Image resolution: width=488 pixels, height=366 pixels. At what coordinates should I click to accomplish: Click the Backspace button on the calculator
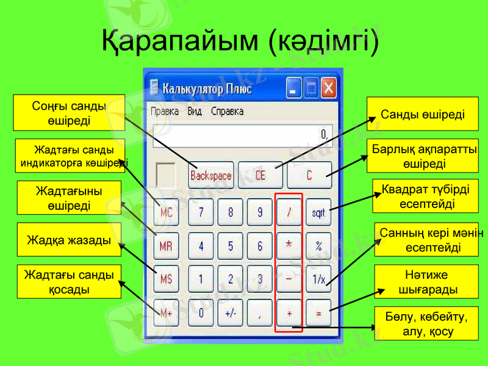pyautogui.click(x=211, y=175)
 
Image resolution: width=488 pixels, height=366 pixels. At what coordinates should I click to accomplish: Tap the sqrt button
pyautogui.click(x=318, y=213)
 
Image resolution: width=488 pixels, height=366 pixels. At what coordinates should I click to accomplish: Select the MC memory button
pyautogui.click(x=166, y=213)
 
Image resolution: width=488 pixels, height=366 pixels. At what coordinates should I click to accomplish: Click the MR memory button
pyautogui.click(x=166, y=246)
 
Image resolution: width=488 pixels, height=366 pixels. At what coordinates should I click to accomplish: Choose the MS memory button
pyautogui.click(x=166, y=279)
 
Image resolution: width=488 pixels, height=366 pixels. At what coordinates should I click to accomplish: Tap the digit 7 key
pyautogui.click(x=201, y=213)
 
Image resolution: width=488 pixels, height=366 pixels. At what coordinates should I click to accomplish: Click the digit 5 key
pyautogui.click(x=231, y=246)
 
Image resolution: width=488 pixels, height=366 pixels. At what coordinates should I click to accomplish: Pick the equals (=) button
pyautogui.click(x=318, y=313)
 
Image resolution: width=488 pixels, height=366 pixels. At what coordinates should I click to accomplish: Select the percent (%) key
pyautogui.click(x=318, y=246)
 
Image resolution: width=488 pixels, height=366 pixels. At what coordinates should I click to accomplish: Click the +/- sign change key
pyautogui.click(x=231, y=313)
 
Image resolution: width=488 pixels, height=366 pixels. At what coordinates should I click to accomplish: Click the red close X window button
pyautogui.click(x=329, y=88)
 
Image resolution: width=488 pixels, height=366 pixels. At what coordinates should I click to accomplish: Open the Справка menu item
pyautogui.click(x=227, y=112)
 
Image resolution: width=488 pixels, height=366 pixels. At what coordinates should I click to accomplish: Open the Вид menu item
pyautogui.click(x=195, y=112)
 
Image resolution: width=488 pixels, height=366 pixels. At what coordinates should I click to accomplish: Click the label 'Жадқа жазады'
pyautogui.click(x=69, y=240)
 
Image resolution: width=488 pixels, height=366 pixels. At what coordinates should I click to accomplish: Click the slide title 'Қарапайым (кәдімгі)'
pyautogui.click(x=240, y=40)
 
